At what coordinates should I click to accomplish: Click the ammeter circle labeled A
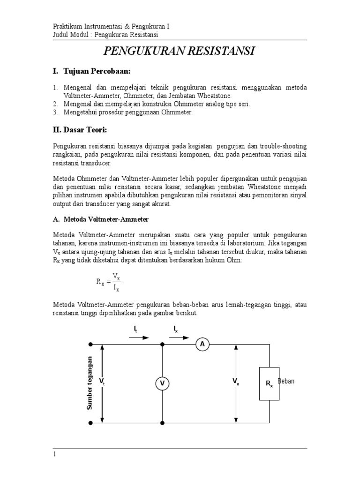point(202,345)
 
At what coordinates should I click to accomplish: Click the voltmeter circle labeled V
point(162,384)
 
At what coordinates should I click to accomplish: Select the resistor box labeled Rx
point(270,383)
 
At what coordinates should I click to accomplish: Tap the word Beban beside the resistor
point(286,381)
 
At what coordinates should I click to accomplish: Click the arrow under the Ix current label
point(180,337)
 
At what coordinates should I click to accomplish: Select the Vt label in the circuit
point(102,382)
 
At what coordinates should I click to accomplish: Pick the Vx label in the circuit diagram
point(235,382)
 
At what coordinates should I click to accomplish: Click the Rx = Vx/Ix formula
point(109,281)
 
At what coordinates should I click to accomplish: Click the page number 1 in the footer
point(54,454)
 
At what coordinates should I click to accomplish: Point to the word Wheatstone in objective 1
point(221,95)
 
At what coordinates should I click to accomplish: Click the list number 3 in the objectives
point(54,112)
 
